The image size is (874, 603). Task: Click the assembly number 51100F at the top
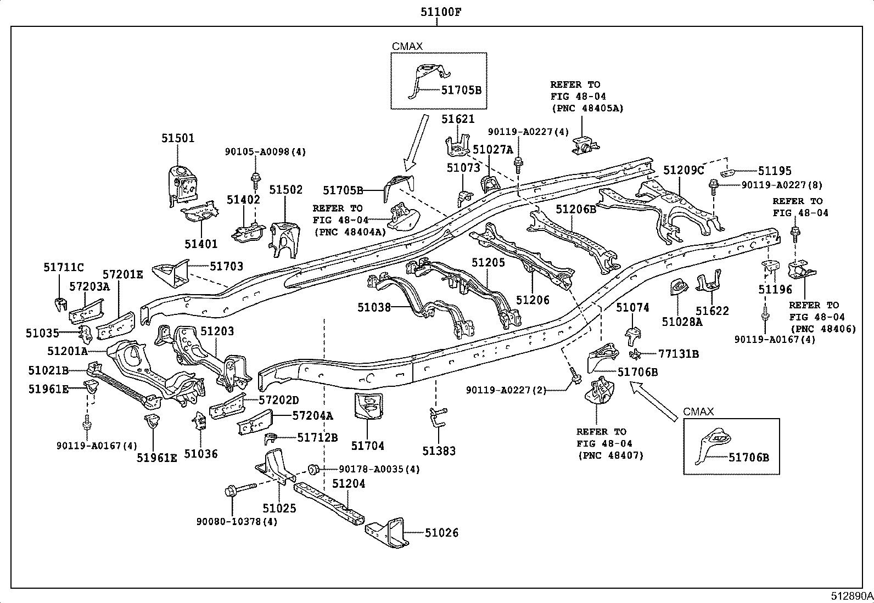click(440, 12)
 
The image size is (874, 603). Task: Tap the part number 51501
click(178, 138)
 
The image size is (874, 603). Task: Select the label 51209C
click(683, 170)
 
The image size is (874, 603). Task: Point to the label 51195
click(775, 171)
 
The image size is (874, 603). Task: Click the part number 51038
click(374, 307)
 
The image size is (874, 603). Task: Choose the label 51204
click(349, 483)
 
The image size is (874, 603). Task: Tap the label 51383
click(439, 451)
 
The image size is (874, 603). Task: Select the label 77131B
click(679, 354)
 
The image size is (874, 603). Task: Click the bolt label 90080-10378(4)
click(237, 521)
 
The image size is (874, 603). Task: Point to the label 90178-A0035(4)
click(379, 469)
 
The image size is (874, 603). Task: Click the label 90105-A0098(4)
click(265, 152)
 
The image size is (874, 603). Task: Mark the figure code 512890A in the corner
click(851, 596)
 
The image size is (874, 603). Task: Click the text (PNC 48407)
click(610, 455)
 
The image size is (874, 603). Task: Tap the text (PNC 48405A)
click(587, 108)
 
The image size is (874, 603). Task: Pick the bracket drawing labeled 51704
click(368, 406)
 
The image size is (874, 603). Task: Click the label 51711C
click(63, 267)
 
